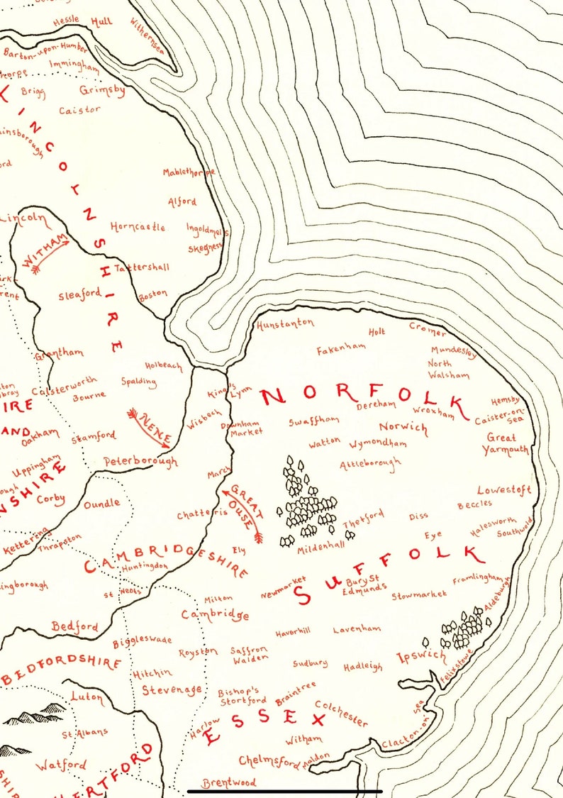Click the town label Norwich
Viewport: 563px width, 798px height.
pyautogui.click(x=403, y=427)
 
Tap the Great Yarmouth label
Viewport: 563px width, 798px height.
pyautogui.click(x=506, y=444)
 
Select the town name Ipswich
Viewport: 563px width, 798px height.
pyautogui.click(x=421, y=656)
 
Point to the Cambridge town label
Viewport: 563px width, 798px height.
pyautogui.click(x=215, y=615)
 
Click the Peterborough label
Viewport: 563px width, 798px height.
pyautogui.click(x=140, y=461)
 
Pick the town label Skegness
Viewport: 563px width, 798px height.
pyautogui.click(x=205, y=248)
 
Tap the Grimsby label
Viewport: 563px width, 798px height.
pyautogui.click(x=102, y=91)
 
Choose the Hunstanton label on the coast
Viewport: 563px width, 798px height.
pyautogui.click(x=285, y=323)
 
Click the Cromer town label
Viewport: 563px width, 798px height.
pyautogui.click(x=428, y=329)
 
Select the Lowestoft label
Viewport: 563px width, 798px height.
pyautogui.click(x=504, y=490)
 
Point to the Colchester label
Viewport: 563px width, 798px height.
pyautogui.click(x=341, y=713)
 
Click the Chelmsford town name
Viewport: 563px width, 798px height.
pyautogui.click(x=269, y=761)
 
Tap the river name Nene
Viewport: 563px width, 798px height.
pyautogui.click(x=150, y=426)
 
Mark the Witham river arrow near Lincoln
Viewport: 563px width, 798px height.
pyautogui.click(x=45, y=252)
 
